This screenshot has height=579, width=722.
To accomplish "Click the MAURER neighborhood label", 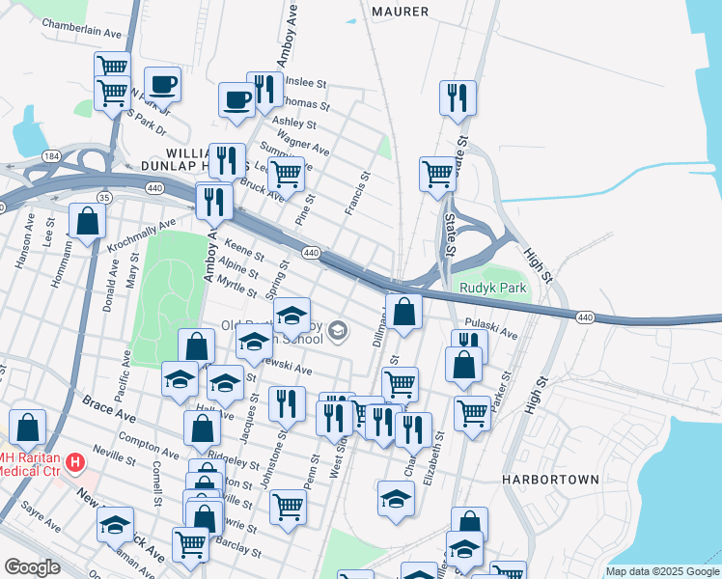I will pos(400,12).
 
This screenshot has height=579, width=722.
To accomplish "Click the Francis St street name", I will pos(359,194).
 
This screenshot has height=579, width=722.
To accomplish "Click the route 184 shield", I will pos(51,156).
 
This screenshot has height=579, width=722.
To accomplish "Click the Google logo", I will pos(33,567).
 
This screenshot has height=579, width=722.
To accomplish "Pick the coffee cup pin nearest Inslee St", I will pos(237,98).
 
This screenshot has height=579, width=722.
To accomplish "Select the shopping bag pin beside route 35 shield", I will pos(87,221).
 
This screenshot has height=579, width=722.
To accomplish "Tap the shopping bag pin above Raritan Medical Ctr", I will pos(28,427).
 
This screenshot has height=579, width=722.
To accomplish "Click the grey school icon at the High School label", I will pos(337,332).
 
